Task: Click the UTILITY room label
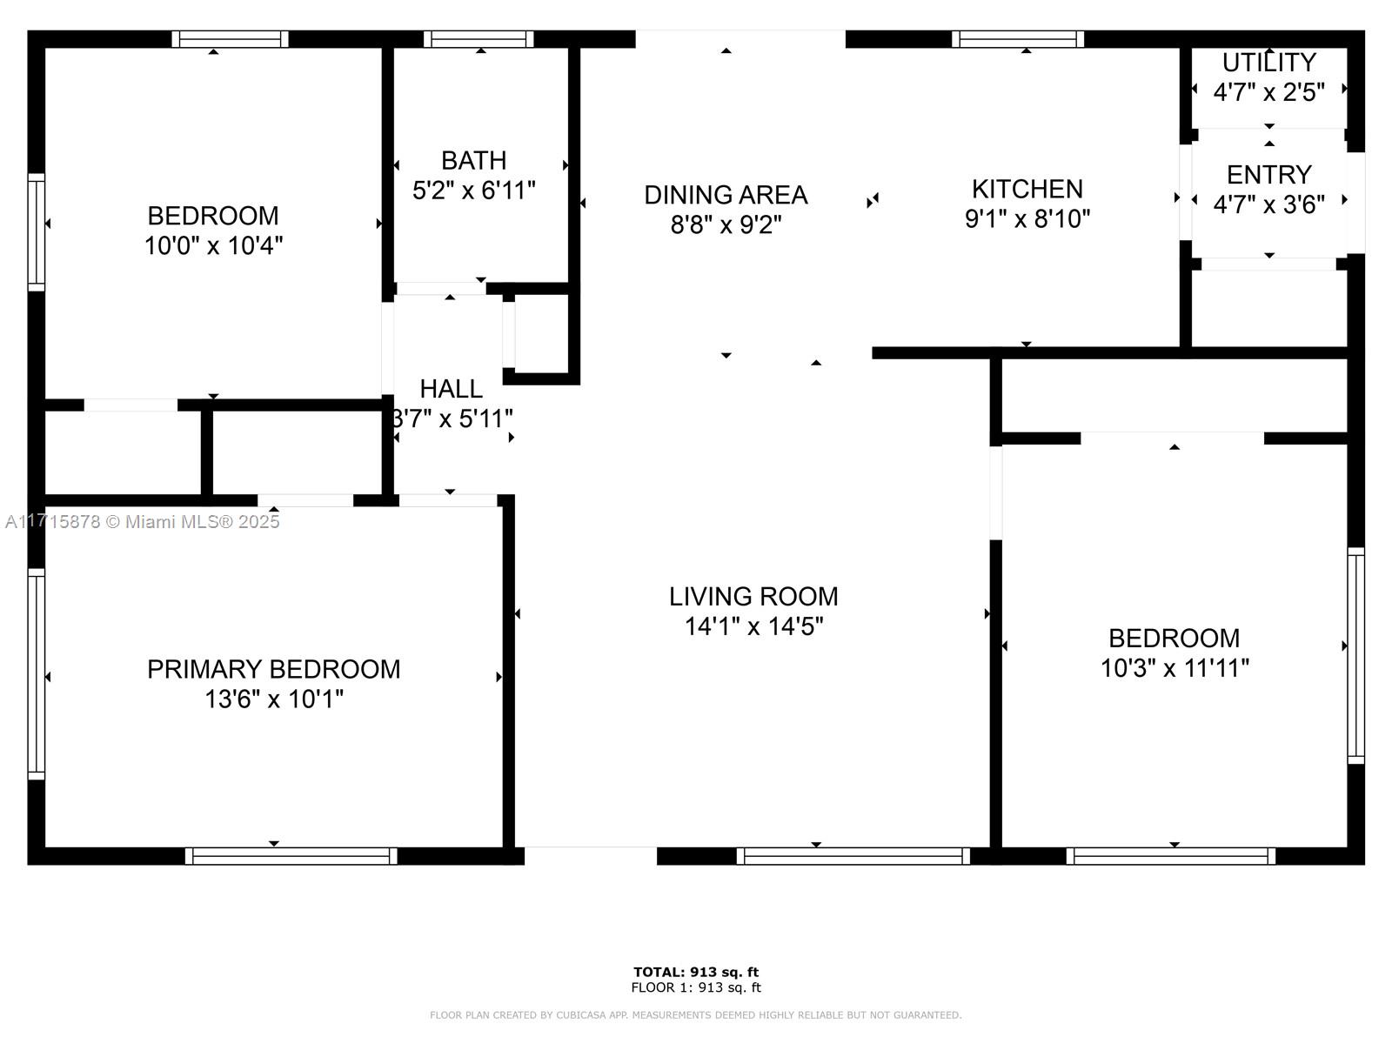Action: pyautogui.click(x=1269, y=63)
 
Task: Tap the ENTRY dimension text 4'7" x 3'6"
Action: pyautogui.click(x=1269, y=204)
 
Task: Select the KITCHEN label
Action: pyautogui.click(x=1027, y=189)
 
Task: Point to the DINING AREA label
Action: pyautogui.click(x=726, y=195)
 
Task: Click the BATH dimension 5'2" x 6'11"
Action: pyautogui.click(x=474, y=191)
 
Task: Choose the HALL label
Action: pyautogui.click(x=451, y=389)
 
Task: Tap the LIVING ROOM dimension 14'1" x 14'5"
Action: pyautogui.click(x=753, y=626)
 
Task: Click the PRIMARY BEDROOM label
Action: pyautogui.click(x=274, y=669)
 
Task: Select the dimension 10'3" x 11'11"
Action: pyautogui.click(x=1174, y=668)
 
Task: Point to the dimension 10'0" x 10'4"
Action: pyautogui.click(x=214, y=245)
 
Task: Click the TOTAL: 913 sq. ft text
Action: pyautogui.click(x=696, y=972)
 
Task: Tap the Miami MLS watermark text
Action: pyautogui.click(x=142, y=522)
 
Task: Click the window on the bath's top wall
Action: pyautogui.click(x=478, y=39)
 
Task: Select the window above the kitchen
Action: pyautogui.click(x=1018, y=39)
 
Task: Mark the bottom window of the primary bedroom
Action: pyautogui.click(x=291, y=856)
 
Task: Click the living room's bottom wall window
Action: pyautogui.click(x=853, y=856)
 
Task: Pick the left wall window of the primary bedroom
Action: pyautogui.click(x=37, y=673)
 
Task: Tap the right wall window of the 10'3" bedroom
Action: pyautogui.click(x=1355, y=655)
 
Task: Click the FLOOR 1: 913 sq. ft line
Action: pyautogui.click(x=696, y=987)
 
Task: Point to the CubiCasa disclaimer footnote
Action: pyautogui.click(x=696, y=1014)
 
